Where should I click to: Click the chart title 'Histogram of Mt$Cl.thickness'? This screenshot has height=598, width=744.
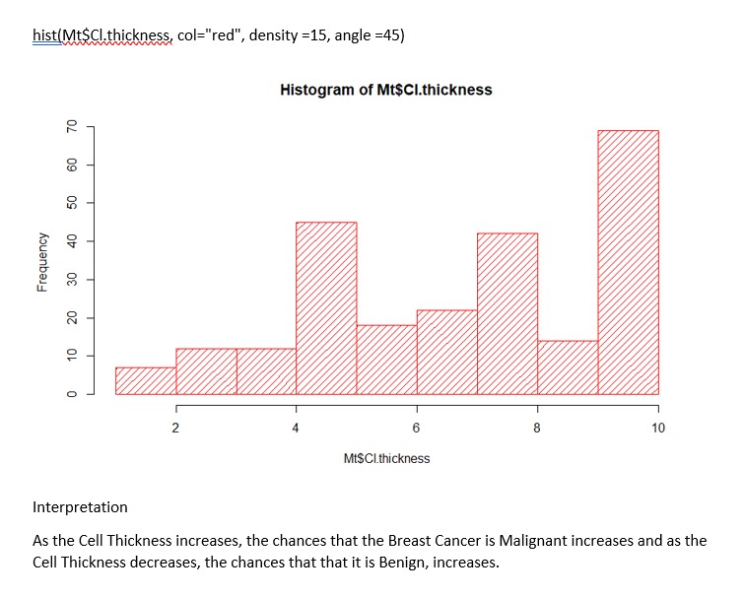point(385,90)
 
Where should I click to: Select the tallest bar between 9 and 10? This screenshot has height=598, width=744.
point(628,262)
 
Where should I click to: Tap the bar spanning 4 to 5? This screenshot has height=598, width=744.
point(326,307)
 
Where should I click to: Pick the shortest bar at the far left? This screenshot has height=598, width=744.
point(146,380)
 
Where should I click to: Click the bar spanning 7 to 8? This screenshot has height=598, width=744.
point(507,313)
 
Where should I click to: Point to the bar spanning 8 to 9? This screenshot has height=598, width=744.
point(568,367)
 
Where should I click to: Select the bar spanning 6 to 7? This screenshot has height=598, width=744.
point(446,352)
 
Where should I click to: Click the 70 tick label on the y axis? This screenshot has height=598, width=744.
point(71,127)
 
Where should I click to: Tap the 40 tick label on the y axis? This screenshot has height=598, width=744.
point(71,241)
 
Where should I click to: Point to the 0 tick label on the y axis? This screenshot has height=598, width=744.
point(71,394)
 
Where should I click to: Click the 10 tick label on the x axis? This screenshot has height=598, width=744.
point(658,428)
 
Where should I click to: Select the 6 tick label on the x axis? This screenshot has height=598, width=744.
point(417,428)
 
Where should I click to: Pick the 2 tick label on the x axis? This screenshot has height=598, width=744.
point(175,428)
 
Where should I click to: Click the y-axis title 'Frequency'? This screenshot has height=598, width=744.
point(42,260)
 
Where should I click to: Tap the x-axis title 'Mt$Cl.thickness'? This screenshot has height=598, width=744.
point(386,458)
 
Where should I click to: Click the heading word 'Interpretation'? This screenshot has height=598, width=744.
point(80,507)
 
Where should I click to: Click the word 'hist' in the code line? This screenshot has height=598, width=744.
point(44,36)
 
